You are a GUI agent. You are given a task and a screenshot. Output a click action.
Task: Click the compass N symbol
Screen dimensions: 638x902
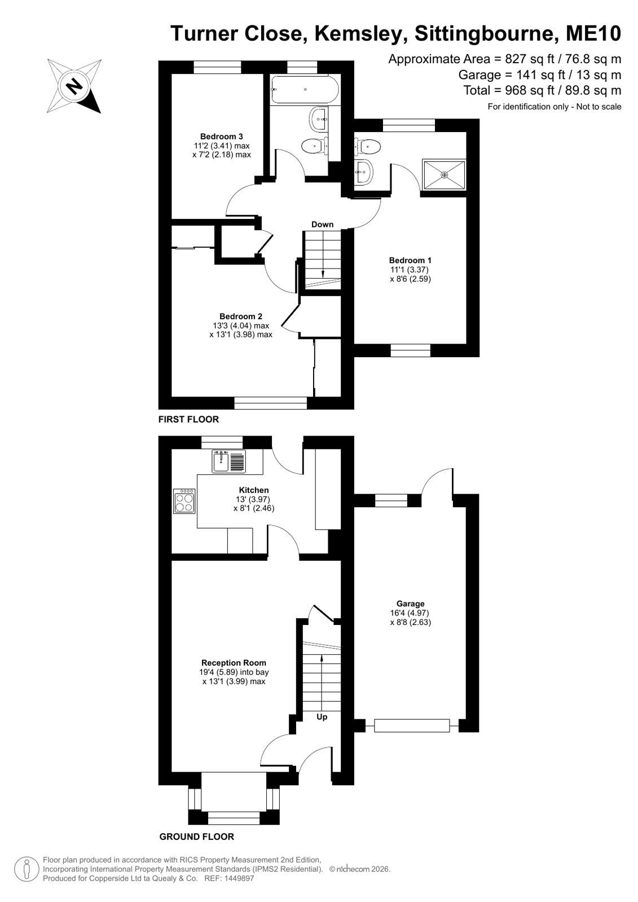(74, 86)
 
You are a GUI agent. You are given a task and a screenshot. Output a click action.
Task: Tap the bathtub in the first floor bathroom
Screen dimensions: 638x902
(305, 89)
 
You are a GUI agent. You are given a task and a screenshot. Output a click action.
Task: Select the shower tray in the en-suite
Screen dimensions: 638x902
(444, 174)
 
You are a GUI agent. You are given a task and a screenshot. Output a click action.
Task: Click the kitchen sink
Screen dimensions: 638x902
(228, 461)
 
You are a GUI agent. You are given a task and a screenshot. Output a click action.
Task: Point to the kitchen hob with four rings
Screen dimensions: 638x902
(184, 501)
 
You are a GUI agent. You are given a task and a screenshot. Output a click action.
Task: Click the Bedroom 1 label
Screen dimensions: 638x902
(410, 260)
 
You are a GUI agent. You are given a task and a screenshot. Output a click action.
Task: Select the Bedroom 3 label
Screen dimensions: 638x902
(222, 137)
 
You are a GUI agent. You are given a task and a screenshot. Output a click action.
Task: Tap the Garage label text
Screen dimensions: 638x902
(411, 604)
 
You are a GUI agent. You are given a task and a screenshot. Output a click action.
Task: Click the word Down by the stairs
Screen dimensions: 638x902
(322, 225)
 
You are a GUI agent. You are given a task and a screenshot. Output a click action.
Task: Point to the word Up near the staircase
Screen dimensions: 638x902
(322, 717)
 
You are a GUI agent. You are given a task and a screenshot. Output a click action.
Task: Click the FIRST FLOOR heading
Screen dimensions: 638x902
(188, 419)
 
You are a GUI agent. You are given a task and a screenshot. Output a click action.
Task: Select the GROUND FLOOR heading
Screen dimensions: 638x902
(196, 837)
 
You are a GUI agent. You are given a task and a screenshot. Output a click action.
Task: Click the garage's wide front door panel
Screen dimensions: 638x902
(412, 725)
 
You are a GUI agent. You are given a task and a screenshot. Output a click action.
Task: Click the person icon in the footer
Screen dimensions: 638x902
(26, 869)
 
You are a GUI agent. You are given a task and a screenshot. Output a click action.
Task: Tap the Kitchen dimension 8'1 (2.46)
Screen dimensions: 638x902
(254, 508)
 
